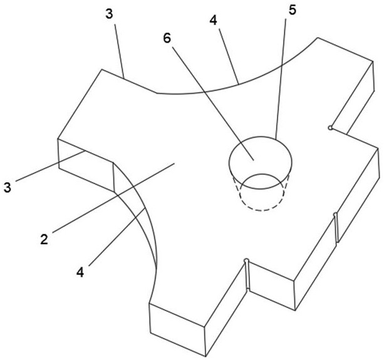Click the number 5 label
point(293,10)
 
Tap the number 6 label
point(167,38)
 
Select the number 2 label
point(44,239)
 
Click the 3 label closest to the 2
point(8,188)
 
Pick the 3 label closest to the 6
point(110,14)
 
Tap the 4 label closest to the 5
point(214,21)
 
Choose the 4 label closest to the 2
point(80,272)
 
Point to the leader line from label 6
point(213,103)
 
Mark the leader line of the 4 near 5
point(229,56)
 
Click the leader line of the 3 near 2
point(50,166)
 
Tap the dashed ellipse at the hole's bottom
point(262,192)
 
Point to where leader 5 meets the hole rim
point(276,140)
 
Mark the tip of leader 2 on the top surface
point(174,163)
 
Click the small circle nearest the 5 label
point(330,128)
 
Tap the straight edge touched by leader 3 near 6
point(129,81)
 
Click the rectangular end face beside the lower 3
point(86,165)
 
